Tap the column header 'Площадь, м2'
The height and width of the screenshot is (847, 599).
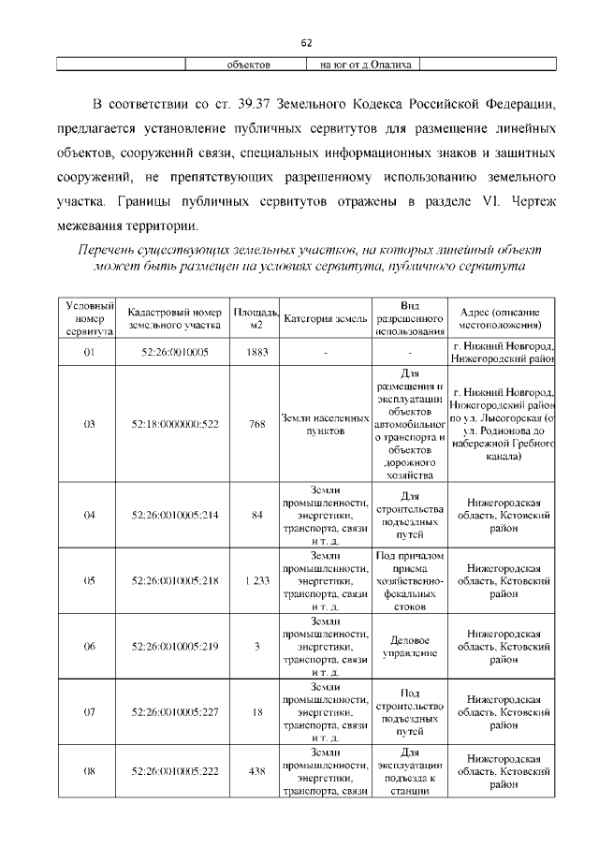click(x=256, y=318)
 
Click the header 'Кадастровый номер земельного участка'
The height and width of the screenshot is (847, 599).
click(x=174, y=318)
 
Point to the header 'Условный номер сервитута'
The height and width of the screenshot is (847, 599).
click(x=90, y=318)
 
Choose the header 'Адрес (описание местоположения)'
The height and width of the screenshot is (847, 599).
click(x=502, y=318)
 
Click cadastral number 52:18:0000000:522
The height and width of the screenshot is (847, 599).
click(x=174, y=424)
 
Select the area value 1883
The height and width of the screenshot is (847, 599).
click(x=256, y=352)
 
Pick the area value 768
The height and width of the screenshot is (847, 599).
click(x=256, y=424)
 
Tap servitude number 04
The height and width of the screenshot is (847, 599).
click(x=90, y=515)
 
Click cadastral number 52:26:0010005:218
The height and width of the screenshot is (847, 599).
click(x=174, y=580)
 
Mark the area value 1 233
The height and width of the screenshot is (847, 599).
click(x=256, y=580)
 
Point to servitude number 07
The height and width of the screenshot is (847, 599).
click(x=90, y=712)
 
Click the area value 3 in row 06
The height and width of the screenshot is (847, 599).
click(x=256, y=647)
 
